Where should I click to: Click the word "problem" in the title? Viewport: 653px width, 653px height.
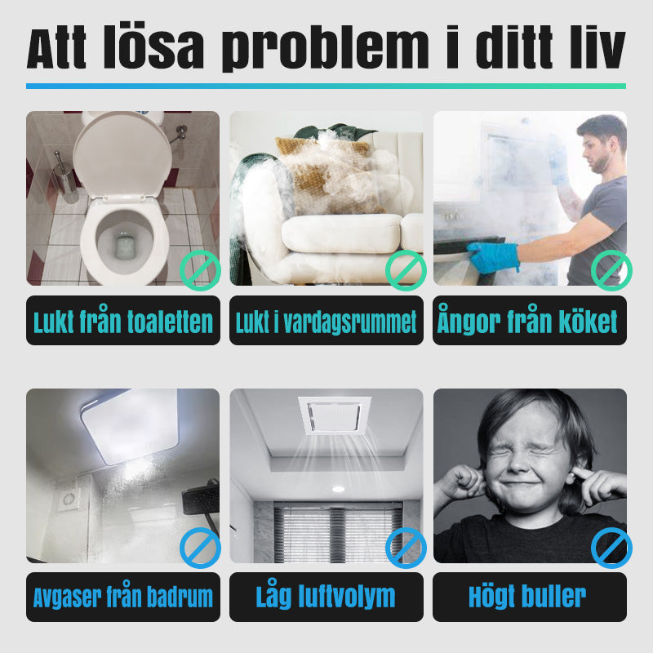click(x=326, y=48)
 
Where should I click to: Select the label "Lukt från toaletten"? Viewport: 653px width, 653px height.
click(x=123, y=321)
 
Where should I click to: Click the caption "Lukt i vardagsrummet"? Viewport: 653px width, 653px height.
click(x=326, y=322)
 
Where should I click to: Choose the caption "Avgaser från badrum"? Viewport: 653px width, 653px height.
click(x=123, y=597)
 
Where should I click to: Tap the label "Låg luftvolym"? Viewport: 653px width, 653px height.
click(x=326, y=595)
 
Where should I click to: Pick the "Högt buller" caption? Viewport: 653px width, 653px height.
click(x=527, y=596)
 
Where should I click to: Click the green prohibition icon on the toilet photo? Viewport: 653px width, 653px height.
click(x=200, y=271)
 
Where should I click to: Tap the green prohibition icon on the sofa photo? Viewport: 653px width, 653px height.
click(x=406, y=271)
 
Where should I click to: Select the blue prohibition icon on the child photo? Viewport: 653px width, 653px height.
click(x=611, y=548)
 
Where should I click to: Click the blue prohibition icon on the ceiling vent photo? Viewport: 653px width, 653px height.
click(x=406, y=548)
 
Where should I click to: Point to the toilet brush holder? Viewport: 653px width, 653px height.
click(x=66, y=178)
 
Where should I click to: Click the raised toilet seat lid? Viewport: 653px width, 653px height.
click(x=122, y=155)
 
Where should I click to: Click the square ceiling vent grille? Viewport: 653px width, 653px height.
click(x=335, y=415)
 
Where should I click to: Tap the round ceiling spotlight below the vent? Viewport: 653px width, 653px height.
click(x=338, y=489)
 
